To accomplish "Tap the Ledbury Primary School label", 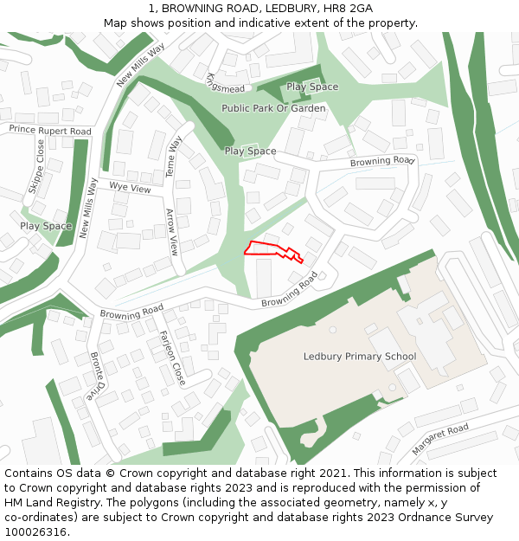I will tap(359, 357).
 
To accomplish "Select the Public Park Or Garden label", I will tap(273, 109).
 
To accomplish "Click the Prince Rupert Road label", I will tap(50, 130).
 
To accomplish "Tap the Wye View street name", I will tap(130, 189).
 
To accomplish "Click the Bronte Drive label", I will tap(97, 377).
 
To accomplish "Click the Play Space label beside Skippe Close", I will tap(46, 226).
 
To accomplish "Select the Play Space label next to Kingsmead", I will tap(312, 87).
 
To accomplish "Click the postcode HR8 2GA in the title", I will tap(350, 9).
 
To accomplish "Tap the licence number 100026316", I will tap(36, 531).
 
